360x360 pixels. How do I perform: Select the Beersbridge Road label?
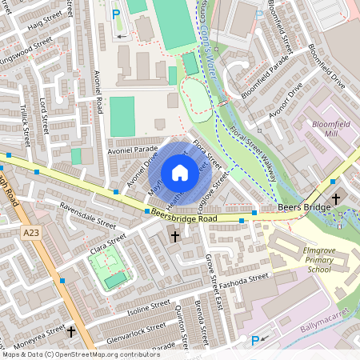coord(196,218)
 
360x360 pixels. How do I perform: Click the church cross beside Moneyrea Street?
coord(71,330)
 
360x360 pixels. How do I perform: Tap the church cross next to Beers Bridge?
coord(335,198)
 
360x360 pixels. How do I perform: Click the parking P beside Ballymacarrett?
coord(256,340)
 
